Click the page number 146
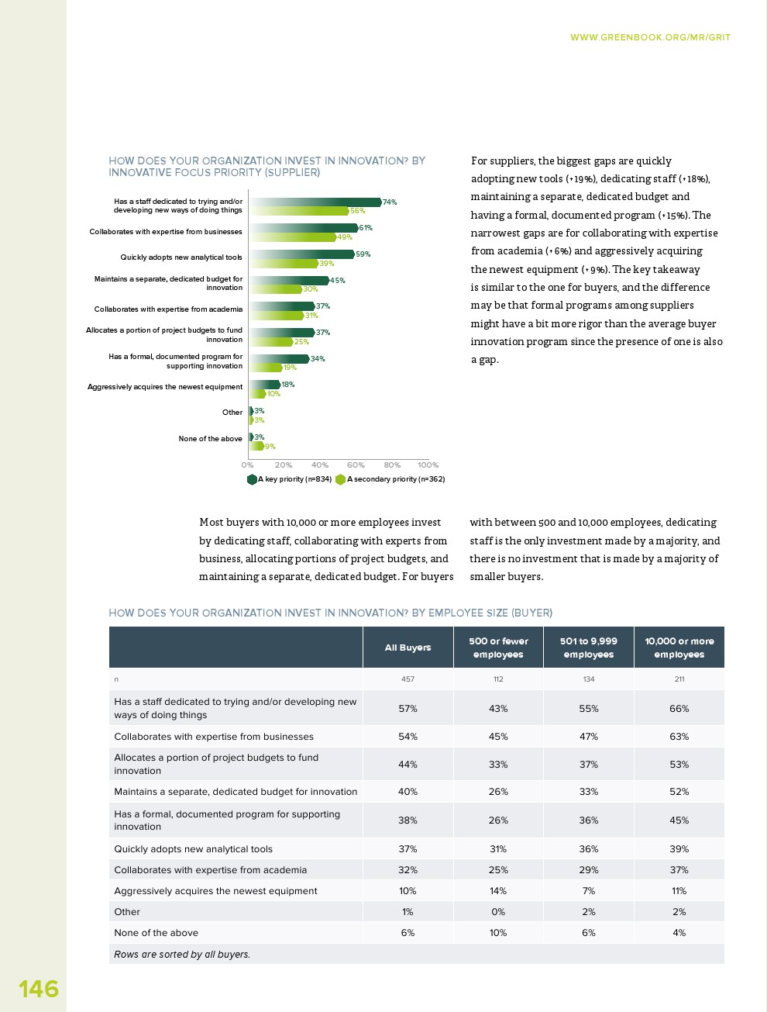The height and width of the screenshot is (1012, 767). tap(39, 989)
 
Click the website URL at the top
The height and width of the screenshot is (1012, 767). tap(650, 37)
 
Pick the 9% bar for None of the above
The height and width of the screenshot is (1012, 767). tap(256, 447)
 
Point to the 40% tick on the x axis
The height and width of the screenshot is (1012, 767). tap(320, 465)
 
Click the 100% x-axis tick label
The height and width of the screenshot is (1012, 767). tap(428, 465)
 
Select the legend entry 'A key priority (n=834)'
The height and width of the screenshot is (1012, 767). tap(290, 479)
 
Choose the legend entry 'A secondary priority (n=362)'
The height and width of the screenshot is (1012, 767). tap(390, 479)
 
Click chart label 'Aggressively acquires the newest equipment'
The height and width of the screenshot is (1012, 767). tap(165, 387)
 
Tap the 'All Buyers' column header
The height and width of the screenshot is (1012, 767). tap(408, 648)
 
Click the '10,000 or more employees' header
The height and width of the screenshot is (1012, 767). tap(679, 648)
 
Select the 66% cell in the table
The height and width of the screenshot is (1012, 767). tap(679, 709)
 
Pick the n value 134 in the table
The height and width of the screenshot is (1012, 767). tap(589, 679)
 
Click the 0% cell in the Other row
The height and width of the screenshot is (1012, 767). tap(498, 912)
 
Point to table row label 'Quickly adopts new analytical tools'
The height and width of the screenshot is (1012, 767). tap(193, 849)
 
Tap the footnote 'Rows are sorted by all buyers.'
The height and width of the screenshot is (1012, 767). tap(182, 955)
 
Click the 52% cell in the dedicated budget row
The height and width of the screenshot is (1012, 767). tap(679, 792)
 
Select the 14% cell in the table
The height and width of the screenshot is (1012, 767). tap(498, 891)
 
